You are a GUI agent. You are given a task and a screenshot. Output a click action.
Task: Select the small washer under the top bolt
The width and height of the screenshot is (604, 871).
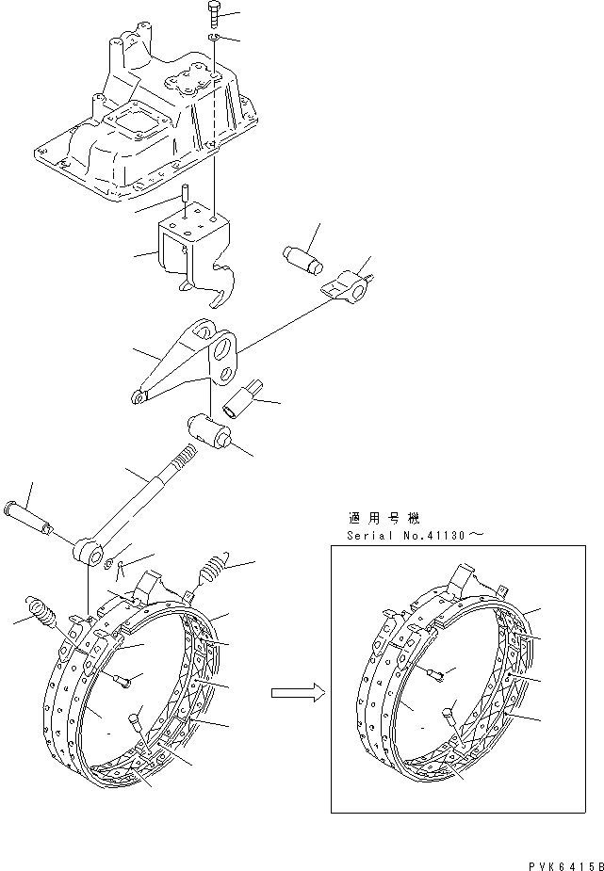point(215,37)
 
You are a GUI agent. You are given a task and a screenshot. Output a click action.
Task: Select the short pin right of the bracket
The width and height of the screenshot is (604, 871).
point(302,257)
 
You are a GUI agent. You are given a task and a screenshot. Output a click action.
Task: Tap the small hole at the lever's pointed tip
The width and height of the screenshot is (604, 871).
point(139,399)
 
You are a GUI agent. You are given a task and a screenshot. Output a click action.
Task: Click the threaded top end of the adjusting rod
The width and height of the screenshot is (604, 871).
point(185,459)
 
